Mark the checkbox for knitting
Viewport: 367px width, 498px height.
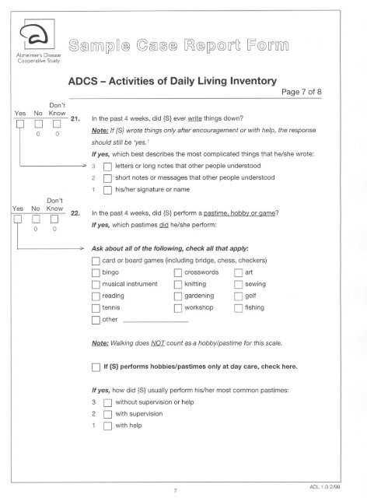click(179, 286)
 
